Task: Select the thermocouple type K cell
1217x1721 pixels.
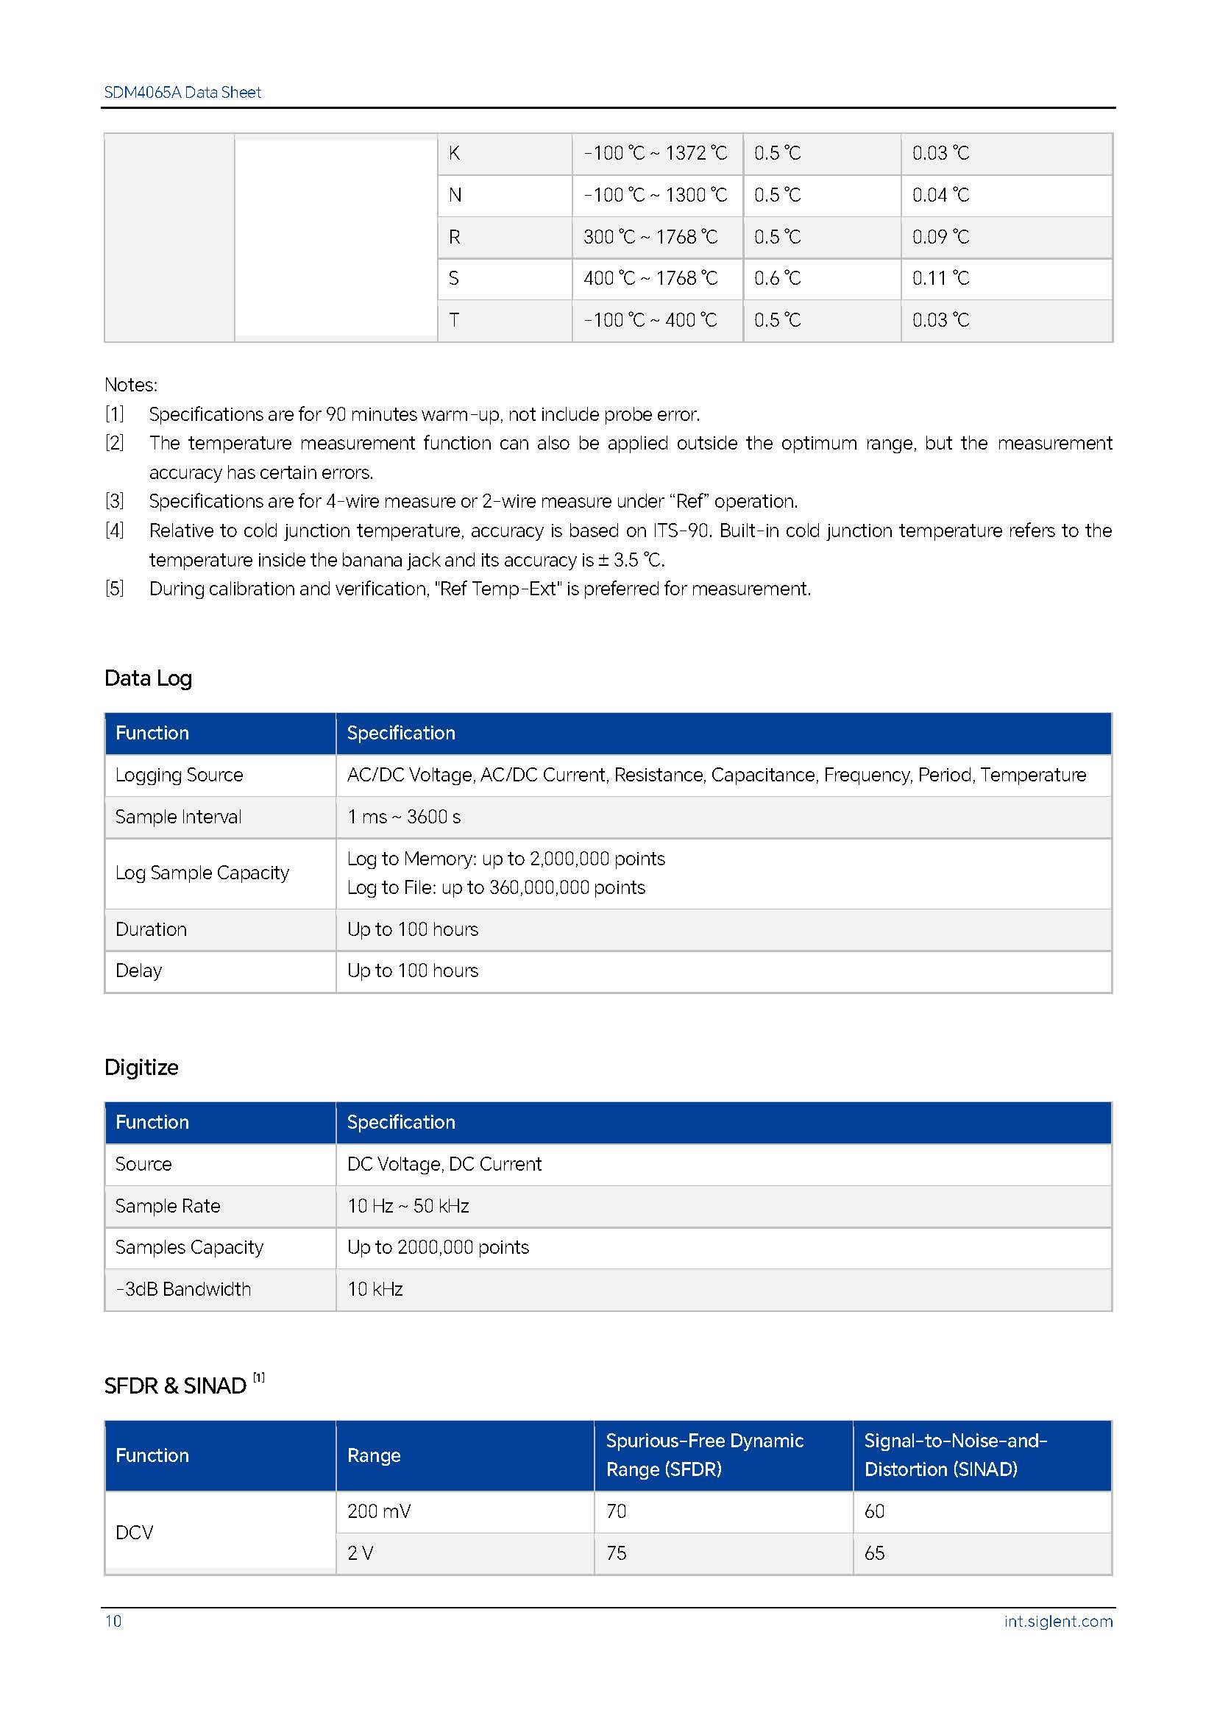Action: click(x=454, y=154)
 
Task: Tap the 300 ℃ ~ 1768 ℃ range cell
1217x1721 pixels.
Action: click(x=650, y=237)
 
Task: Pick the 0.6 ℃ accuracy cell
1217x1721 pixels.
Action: click(x=777, y=279)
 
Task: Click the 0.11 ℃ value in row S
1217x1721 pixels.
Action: click(x=940, y=279)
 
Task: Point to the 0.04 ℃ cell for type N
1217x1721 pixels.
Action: click(x=940, y=196)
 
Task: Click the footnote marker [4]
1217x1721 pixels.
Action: click(x=114, y=531)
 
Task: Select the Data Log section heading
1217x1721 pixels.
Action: click(x=149, y=678)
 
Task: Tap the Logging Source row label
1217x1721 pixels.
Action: click(x=179, y=775)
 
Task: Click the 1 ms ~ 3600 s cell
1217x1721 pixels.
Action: click(x=404, y=817)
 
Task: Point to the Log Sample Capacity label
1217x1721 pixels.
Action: click(x=202, y=873)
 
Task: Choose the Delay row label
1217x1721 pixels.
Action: click(x=138, y=970)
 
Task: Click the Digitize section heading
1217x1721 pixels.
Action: click(x=141, y=1068)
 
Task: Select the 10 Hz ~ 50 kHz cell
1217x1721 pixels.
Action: click(x=408, y=1206)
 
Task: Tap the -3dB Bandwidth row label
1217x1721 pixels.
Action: click(x=184, y=1289)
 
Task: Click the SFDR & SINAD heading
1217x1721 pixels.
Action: click(x=175, y=1386)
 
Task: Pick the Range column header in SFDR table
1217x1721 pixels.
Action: click(x=374, y=1455)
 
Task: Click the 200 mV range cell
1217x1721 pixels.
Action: click(x=379, y=1511)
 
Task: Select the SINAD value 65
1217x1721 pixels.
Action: click(x=875, y=1553)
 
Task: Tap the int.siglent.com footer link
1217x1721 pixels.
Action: click(x=1058, y=1622)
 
